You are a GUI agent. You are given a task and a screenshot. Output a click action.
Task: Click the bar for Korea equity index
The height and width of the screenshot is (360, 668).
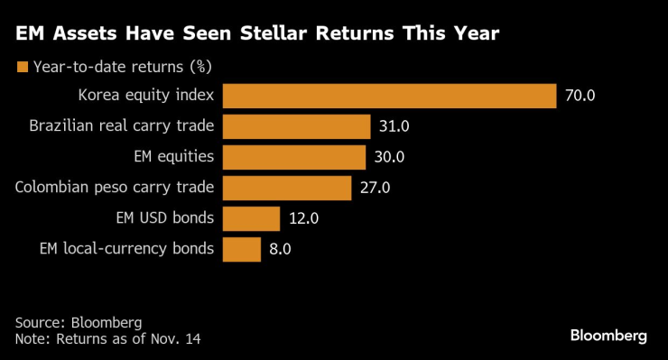pos(389,96)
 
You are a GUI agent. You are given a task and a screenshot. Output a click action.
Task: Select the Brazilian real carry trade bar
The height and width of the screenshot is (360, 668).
pos(296,126)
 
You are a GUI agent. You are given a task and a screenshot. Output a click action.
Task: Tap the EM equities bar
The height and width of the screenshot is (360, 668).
pos(293,157)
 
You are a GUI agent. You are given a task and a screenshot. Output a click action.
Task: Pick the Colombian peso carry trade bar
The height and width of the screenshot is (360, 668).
pos(286,188)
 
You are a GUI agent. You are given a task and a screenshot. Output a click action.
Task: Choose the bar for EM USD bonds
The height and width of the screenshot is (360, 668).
pos(251,218)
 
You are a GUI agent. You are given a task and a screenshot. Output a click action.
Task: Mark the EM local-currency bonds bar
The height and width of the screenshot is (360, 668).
pos(241,249)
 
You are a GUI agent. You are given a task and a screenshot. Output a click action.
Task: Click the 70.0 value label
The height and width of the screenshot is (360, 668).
pos(580,96)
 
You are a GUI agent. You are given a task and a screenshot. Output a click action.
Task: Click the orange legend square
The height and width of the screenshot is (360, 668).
pos(21,66)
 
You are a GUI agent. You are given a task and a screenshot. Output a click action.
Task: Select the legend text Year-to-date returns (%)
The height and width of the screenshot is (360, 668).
pos(122,66)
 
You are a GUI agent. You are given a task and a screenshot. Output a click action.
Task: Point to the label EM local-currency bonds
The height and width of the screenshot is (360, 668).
pos(126,249)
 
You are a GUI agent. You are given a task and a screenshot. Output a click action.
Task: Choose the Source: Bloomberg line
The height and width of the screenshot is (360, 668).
pos(79,322)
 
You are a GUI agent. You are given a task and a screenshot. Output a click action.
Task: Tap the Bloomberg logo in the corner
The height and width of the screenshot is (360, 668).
pos(608,336)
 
